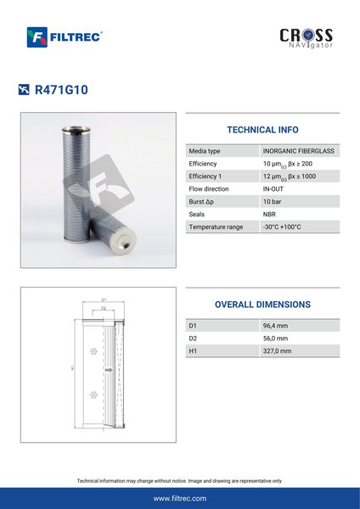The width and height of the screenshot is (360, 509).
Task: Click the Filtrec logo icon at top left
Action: (37, 37)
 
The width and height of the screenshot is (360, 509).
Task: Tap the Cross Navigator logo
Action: (306, 38)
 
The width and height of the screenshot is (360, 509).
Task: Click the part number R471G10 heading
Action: (61, 90)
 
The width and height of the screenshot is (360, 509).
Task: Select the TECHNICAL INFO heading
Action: (262, 130)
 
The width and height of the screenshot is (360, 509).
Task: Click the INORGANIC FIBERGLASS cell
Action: (299, 151)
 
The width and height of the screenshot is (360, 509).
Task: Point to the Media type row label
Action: (205, 151)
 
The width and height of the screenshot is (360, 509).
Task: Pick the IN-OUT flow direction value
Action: (273, 189)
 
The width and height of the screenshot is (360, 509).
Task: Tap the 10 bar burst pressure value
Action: (272, 202)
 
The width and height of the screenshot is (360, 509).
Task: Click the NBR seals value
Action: (269, 215)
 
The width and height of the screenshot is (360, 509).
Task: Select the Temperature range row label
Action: (216, 227)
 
